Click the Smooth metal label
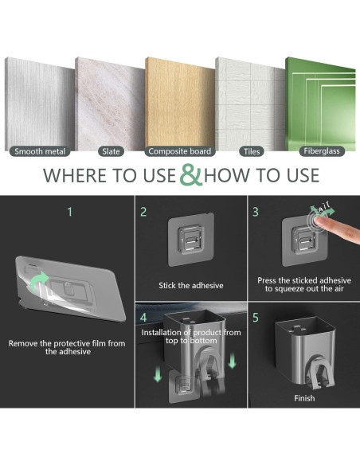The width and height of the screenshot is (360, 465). click(x=40, y=151)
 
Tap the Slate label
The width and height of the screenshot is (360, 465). click(x=111, y=151)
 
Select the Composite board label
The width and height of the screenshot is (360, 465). click(x=180, y=151)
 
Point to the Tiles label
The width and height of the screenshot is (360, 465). click(x=252, y=151)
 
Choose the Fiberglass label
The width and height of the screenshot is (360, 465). click(x=322, y=151)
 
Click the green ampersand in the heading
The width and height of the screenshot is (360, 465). click(x=191, y=174)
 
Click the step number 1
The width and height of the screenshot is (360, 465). click(x=69, y=212)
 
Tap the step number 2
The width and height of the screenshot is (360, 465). click(x=143, y=212)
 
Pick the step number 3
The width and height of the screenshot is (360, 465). click(x=256, y=212)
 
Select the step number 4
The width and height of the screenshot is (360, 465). click(x=143, y=318)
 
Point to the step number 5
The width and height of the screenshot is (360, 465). click(x=256, y=318)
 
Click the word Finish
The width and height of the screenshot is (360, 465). click(x=304, y=398)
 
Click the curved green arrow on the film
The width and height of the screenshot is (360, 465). click(x=39, y=281)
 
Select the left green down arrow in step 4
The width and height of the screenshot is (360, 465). click(x=158, y=373)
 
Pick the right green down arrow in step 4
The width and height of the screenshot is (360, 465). click(x=233, y=361)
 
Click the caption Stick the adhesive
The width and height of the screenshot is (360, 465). click(x=191, y=285)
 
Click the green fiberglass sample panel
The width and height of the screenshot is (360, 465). click(x=320, y=104)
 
